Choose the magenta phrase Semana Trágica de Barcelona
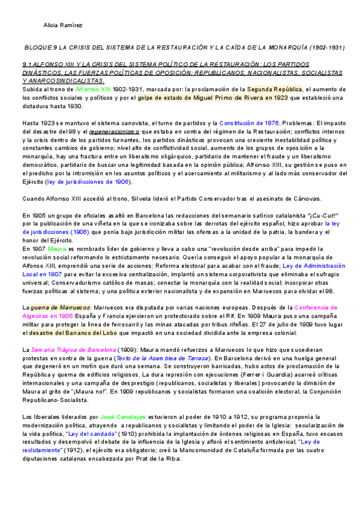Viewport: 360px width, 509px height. pyautogui.click(x=70, y=349)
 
